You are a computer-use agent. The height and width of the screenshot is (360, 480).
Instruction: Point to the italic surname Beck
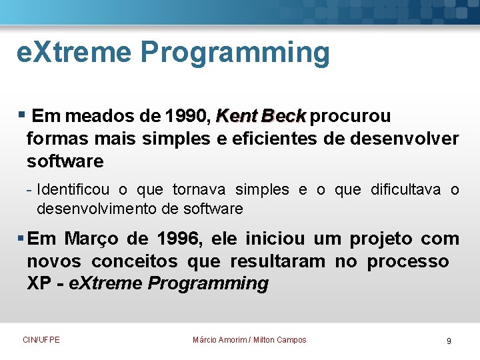[x=283, y=117]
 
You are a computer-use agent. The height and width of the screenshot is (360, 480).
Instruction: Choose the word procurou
[x=351, y=117]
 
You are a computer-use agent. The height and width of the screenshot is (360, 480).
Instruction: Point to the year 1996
[x=180, y=239]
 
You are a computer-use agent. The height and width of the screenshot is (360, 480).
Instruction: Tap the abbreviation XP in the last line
[x=39, y=284]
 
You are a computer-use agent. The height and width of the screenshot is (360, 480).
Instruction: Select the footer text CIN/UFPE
[x=41, y=340]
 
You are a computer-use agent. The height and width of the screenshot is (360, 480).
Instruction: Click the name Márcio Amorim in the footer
[x=219, y=340]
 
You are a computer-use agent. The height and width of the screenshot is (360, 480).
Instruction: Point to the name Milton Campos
[x=280, y=340]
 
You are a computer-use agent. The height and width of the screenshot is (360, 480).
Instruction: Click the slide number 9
[x=449, y=341]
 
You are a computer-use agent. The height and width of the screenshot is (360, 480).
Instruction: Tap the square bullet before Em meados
[x=22, y=115]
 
